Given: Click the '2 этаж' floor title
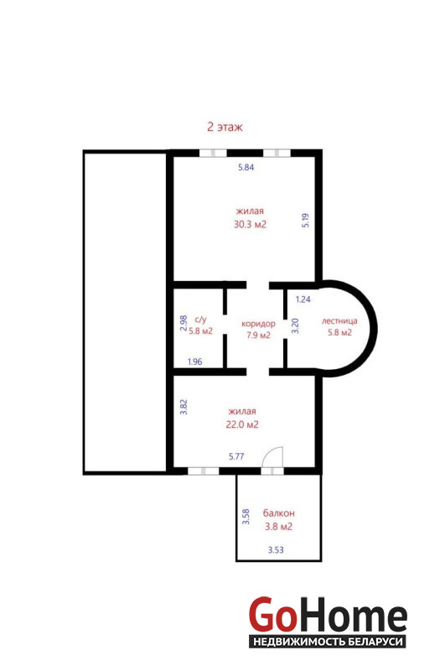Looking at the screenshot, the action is click(x=225, y=127).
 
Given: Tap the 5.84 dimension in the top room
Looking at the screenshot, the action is click(x=246, y=167).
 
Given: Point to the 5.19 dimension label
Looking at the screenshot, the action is click(x=305, y=220).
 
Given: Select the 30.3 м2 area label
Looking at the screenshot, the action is click(x=250, y=224).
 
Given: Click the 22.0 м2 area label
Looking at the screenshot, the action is click(x=242, y=424).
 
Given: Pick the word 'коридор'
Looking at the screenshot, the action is click(x=258, y=324).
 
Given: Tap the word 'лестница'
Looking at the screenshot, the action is click(x=339, y=321).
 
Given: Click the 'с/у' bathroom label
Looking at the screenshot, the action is click(x=200, y=320).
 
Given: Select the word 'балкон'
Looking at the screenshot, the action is click(x=279, y=512).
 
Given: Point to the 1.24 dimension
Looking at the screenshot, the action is click(x=303, y=299).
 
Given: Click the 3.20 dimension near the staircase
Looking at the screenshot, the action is click(x=295, y=325).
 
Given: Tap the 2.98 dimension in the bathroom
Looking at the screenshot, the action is click(x=184, y=323).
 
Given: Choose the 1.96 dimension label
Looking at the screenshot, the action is click(x=195, y=362).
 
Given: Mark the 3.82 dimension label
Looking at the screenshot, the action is click(x=184, y=407).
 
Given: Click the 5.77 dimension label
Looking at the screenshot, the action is click(x=236, y=456).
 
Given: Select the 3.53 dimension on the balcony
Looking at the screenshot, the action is click(x=276, y=550).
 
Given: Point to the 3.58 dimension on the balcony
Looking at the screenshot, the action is click(x=246, y=517).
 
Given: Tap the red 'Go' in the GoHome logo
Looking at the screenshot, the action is click(x=272, y=614).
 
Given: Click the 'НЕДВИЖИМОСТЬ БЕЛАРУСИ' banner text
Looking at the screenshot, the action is click(x=328, y=642).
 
